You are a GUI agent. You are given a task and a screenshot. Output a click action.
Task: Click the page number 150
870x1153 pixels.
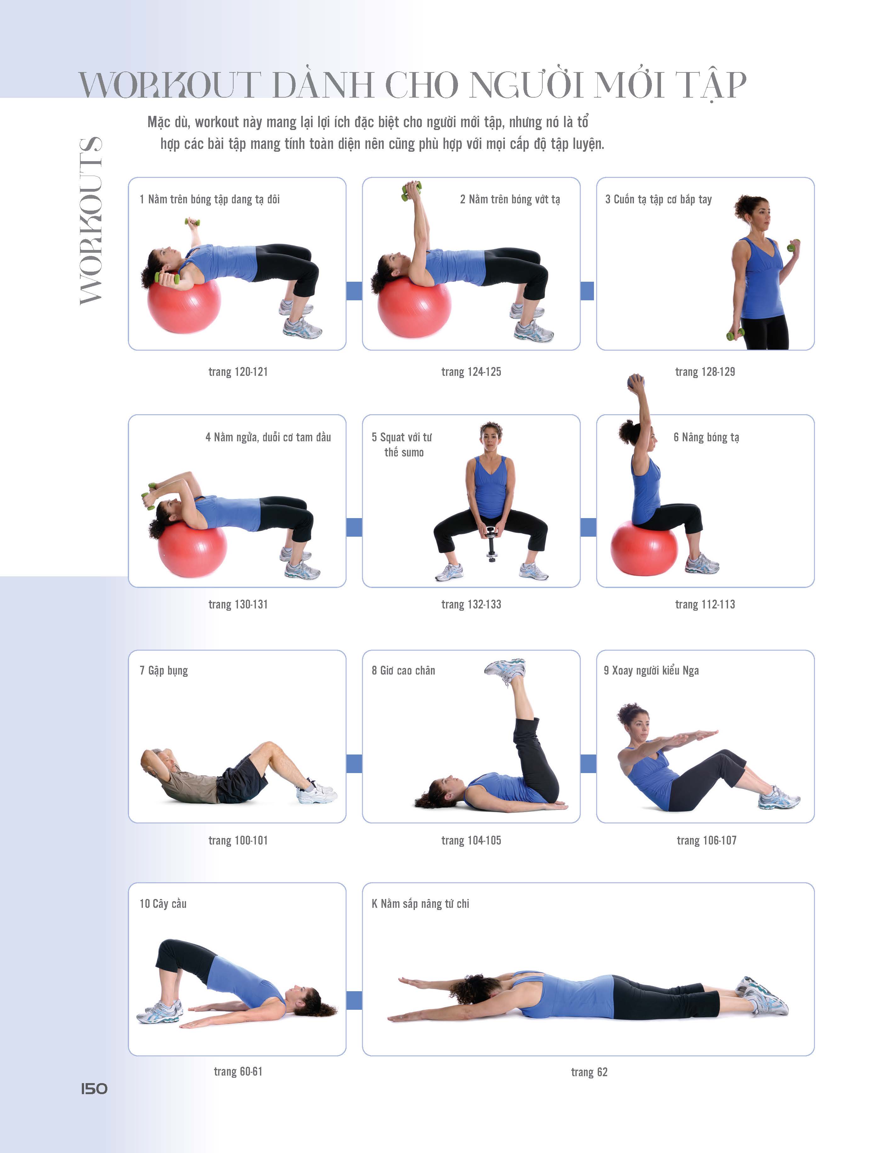[94, 1089]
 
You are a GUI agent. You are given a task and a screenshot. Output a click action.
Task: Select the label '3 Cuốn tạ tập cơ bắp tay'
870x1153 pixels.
[658, 199]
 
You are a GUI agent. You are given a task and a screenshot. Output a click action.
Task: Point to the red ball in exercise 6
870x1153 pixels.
[644, 547]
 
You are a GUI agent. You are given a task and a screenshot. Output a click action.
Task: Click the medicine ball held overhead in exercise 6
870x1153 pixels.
[636, 382]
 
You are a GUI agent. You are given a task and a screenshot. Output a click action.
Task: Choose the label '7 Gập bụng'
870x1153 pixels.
[164, 671]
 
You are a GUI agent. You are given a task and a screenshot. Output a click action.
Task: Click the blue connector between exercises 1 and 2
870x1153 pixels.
[354, 291]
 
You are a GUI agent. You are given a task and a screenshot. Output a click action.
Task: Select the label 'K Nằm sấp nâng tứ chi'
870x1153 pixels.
[420, 904]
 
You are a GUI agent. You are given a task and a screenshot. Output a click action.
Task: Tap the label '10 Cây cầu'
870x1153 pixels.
[163, 904]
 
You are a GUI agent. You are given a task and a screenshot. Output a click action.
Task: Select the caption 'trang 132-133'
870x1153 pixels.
[471, 604]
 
